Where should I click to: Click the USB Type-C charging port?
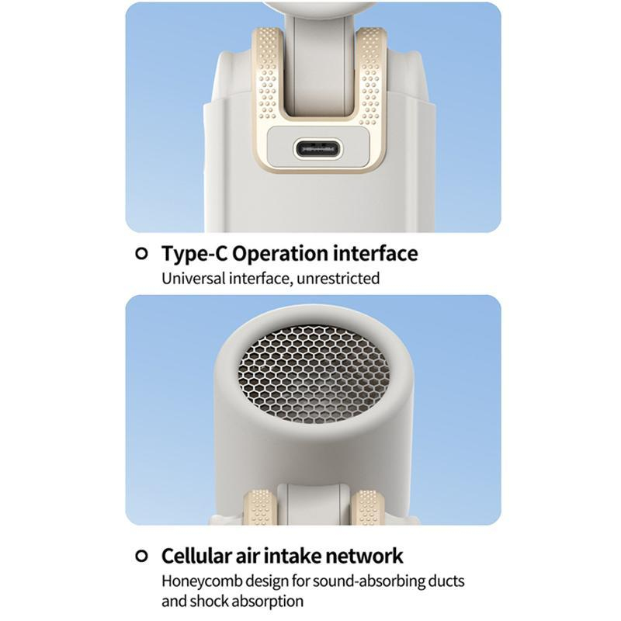(x=317, y=149)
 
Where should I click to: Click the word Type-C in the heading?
(x=194, y=255)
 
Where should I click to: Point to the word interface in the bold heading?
(x=376, y=254)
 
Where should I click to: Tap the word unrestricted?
(x=338, y=279)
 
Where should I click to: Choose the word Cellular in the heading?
(x=198, y=556)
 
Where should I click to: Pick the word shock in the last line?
(x=208, y=601)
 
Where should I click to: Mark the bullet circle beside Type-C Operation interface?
(x=141, y=254)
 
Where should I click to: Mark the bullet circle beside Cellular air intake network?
(x=141, y=556)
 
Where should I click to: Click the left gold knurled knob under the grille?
(x=258, y=508)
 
